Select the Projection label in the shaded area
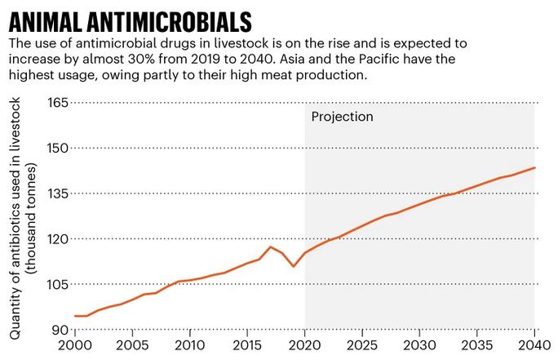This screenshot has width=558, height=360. [x=342, y=117]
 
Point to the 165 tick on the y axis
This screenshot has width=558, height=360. [x=55, y=103]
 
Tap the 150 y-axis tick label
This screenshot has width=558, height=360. [x=55, y=149]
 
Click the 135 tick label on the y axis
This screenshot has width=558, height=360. [x=55, y=193]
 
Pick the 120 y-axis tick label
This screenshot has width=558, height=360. [x=55, y=239]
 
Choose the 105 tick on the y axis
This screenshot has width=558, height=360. [x=55, y=285]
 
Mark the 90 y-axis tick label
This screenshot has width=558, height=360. [x=60, y=330]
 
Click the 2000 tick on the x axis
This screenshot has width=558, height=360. [x=75, y=345]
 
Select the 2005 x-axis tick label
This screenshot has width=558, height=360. [x=132, y=345]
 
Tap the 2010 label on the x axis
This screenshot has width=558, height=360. [x=190, y=345]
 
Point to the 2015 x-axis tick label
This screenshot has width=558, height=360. [x=247, y=345]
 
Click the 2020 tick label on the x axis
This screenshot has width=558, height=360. [x=305, y=345]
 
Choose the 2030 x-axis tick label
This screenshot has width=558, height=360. [x=419, y=345]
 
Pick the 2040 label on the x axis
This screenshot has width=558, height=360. [x=534, y=345]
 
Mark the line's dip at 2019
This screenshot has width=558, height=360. [x=294, y=266]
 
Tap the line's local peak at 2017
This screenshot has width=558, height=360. [x=271, y=247]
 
